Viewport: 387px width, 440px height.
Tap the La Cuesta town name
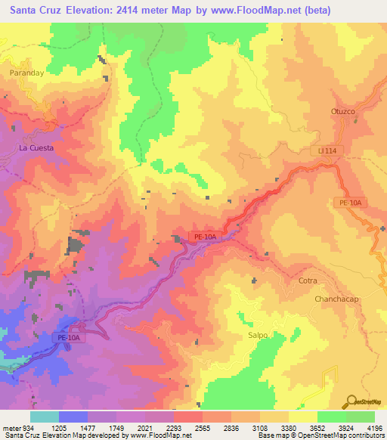click(36, 148)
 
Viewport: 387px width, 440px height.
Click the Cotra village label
click(308, 280)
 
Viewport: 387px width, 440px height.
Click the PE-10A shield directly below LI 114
click(349, 203)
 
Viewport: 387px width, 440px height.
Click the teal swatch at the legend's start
click(44, 417)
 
